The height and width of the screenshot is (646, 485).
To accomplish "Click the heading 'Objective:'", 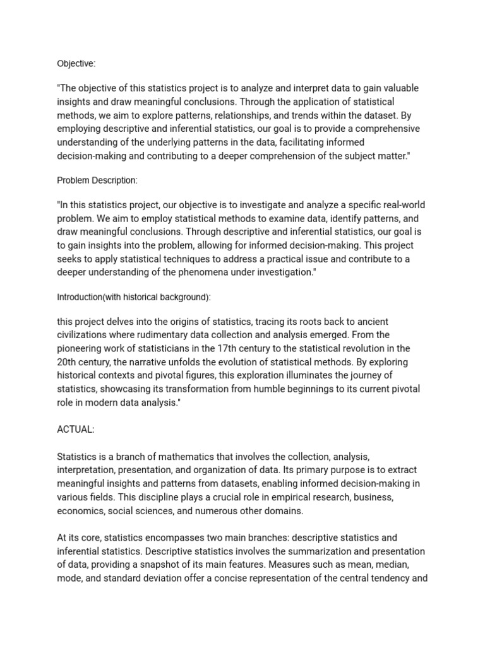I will pyautogui.click(x=76, y=63).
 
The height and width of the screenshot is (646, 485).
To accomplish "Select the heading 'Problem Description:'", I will pyautogui.click(x=97, y=180).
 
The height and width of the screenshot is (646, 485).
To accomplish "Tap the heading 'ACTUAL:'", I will pyautogui.click(x=76, y=429).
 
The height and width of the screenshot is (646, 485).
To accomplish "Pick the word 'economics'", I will pyautogui.click(x=80, y=510).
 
